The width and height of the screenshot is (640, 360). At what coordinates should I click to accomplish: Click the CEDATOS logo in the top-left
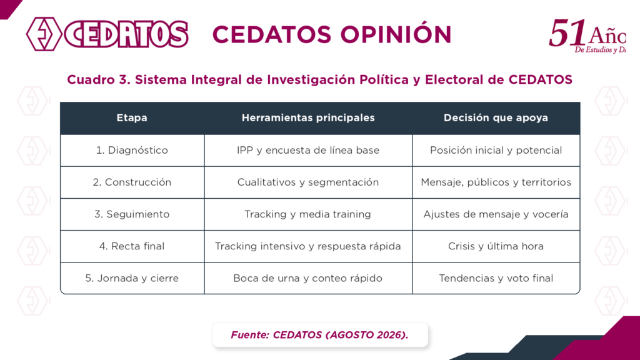[x=107, y=34]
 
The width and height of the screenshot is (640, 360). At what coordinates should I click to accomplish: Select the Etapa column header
[x=132, y=118]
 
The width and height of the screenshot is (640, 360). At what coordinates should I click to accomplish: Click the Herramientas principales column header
[x=308, y=118]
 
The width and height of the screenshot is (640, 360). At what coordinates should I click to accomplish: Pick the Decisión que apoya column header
[x=496, y=118]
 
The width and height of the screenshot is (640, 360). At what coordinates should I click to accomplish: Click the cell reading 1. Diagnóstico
[x=132, y=150]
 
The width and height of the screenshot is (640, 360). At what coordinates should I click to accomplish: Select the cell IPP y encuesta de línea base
[x=308, y=150]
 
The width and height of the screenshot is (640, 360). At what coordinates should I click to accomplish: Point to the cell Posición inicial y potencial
[x=496, y=150]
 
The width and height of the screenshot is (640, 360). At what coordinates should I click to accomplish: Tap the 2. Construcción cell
[x=132, y=182]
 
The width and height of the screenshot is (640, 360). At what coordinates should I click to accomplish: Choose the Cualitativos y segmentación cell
[x=308, y=182]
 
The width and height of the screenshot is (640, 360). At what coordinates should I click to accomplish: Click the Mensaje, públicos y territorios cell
[x=496, y=182]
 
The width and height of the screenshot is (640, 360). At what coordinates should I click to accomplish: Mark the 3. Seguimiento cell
[x=132, y=214]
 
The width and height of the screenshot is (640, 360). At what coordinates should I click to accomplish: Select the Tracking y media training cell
[x=308, y=214]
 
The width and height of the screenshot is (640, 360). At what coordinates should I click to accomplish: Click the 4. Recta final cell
[x=132, y=246]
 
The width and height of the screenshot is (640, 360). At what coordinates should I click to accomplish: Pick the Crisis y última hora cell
[x=496, y=246]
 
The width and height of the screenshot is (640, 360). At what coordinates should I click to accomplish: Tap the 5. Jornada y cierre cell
[x=132, y=278]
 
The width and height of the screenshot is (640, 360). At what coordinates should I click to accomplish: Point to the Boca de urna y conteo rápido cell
[x=308, y=278]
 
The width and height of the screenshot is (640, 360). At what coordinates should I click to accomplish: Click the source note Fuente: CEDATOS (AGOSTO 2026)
[x=319, y=335]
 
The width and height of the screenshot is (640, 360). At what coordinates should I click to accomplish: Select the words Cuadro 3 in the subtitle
[x=98, y=79]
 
